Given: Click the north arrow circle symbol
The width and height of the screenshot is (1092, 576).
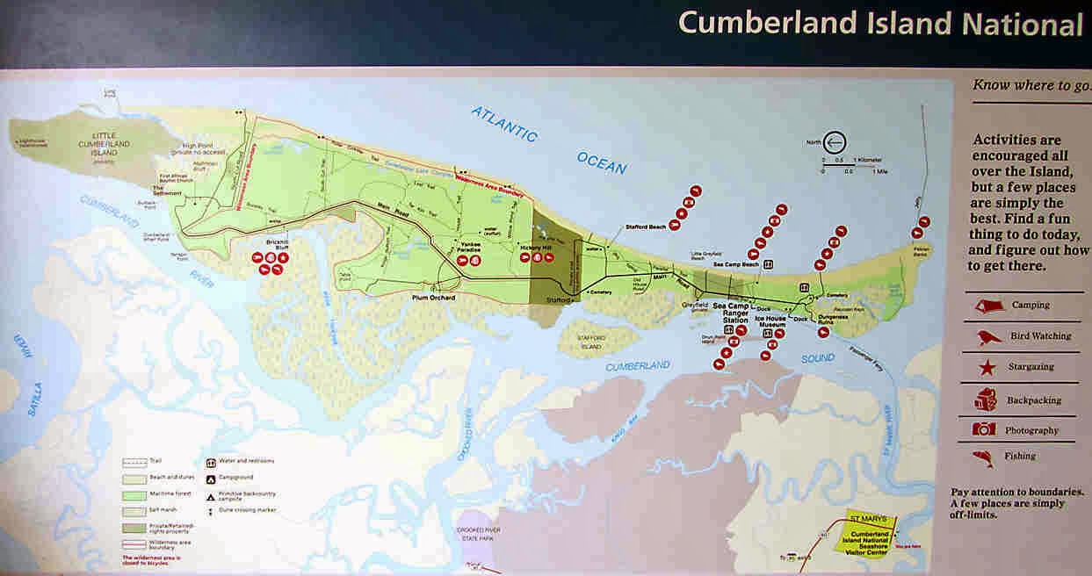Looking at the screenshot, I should (x=834, y=142).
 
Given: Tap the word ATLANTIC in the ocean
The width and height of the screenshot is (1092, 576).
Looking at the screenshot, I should (x=503, y=124).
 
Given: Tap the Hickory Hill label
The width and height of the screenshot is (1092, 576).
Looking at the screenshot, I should (x=536, y=248).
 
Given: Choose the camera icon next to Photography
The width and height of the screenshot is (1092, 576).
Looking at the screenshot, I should (x=984, y=429).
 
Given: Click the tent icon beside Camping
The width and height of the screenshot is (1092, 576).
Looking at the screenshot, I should (x=987, y=305).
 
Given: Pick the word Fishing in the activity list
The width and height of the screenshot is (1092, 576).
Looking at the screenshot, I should (x=1020, y=457).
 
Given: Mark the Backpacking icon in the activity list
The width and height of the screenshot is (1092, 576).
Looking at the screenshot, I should (x=985, y=400).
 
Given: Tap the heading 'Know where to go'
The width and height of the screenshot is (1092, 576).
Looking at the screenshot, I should (x=1031, y=85).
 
